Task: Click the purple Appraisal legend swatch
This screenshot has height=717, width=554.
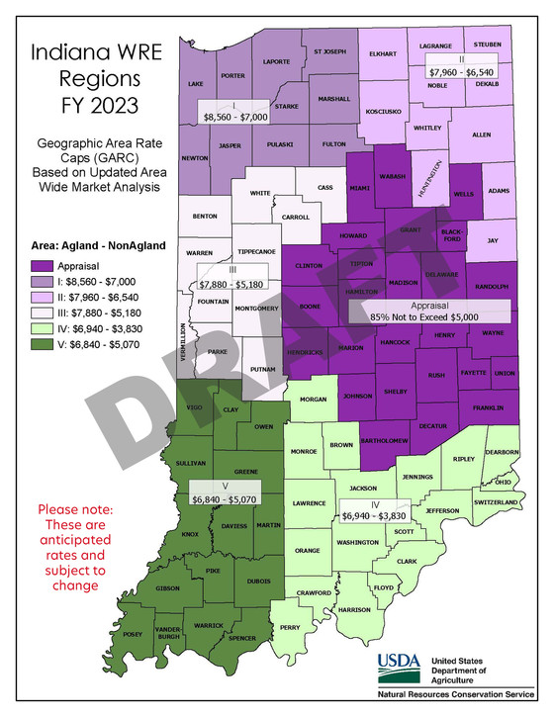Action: click(43, 266)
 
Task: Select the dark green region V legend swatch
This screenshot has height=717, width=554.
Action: click(43, 346)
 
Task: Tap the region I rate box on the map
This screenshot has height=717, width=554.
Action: click(232, 110)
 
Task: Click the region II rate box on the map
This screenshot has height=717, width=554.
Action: click(462, 66)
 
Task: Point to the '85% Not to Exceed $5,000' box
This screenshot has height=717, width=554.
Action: click(430, 311)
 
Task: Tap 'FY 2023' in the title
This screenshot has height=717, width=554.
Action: click(90, 105)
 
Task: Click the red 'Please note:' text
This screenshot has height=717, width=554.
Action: click(75, 509)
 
